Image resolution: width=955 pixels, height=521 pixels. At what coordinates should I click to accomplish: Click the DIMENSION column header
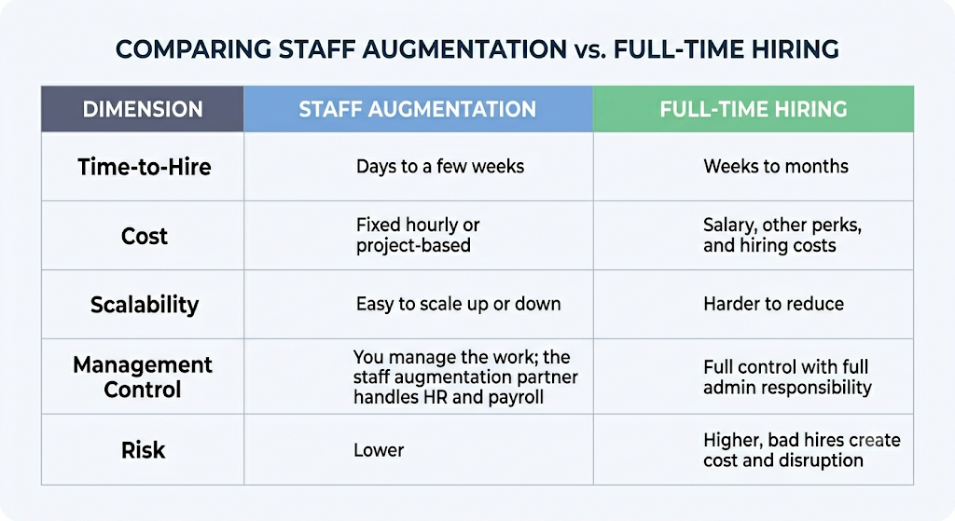[x=143, y=109]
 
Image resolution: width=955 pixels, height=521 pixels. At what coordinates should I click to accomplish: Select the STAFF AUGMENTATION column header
[x=417, y=109]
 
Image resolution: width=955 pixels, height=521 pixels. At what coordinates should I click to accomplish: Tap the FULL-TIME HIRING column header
[x=754, y=109]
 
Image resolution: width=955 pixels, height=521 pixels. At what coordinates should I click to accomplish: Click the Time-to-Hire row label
[x=145, y=167]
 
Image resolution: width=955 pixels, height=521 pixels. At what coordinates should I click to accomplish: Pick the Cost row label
[x=144, y=236]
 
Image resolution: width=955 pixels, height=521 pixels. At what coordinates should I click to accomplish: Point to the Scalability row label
[x=145, y=305]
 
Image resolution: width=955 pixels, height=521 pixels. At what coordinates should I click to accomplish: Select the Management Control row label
[x=143, y=377]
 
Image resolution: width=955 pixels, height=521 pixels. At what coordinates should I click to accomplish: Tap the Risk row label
[x=143, y=450]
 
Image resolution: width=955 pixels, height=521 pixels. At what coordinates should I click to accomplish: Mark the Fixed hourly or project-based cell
[x=418, y=235]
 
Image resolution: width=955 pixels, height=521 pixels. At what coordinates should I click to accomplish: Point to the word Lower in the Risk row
[x=379, y=450]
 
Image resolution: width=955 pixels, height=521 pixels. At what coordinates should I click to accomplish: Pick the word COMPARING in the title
[x=193, y=49]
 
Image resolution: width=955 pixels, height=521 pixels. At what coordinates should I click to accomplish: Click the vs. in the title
[x=589, y=50]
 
